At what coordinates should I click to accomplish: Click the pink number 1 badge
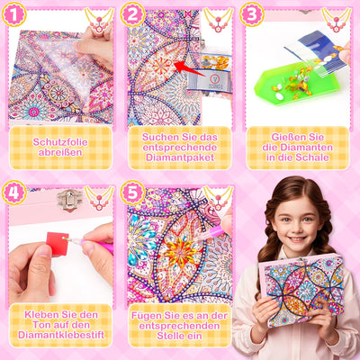15,14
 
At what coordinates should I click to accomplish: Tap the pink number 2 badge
133,14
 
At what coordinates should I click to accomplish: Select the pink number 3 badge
252,14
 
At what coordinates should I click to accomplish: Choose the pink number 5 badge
133,193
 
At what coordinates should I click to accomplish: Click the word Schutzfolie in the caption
60,141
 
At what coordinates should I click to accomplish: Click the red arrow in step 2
188,66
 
